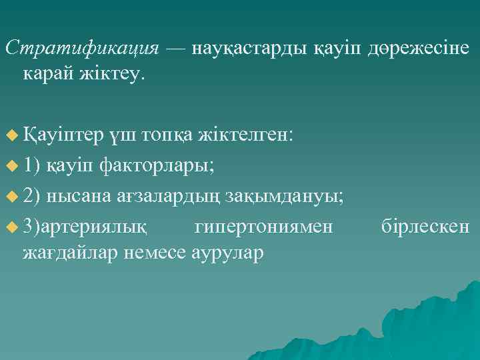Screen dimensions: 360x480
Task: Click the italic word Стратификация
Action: tap(81, 49)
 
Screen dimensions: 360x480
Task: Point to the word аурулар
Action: tap(227, 253)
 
